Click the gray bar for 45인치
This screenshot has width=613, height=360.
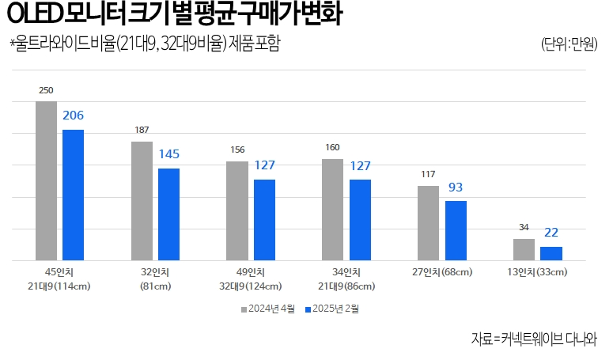click(x=46, y=180)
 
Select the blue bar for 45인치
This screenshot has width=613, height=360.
click(x=74, y=195)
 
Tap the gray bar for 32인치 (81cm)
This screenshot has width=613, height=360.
click(x=142, y=201)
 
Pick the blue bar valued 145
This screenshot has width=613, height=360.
click(x=168, y=214)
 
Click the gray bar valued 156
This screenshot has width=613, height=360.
click(x=237, y=210)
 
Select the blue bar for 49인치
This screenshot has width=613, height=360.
click(x=264, y=220)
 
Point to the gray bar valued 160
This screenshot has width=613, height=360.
click(x=332, y=210)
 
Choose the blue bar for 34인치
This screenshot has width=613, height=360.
click(x=360, y=220)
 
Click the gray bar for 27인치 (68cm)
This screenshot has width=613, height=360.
click(x=428, y=223)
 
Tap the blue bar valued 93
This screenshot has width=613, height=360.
click(x=456, y=230)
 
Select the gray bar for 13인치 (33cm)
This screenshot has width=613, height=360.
click(x=524, y=249)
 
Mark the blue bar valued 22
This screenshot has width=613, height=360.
click(x=551, y=253)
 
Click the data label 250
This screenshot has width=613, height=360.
click(x=46, y=91)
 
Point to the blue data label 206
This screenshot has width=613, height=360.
click(x=74, y=116)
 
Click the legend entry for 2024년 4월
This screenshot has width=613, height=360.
click(x=268, y=309)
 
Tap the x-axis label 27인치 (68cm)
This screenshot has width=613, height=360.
click(x=441, y=273)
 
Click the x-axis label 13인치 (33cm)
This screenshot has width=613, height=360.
click(x=538, y=273)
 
